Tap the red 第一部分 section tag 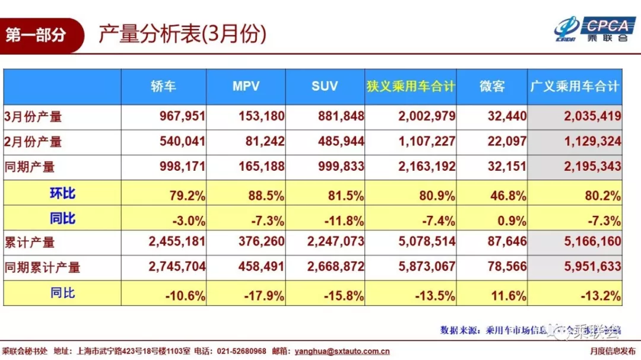[x=36, y=36]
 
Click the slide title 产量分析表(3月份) [x=182, y=35]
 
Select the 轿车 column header [x=164, y=87]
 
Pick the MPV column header [x=246, y=87]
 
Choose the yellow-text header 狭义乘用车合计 [x=411, y=87]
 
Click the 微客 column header [x=491, y=87]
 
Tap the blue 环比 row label [x=62, y=193]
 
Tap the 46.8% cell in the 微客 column [x=510, y=195]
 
